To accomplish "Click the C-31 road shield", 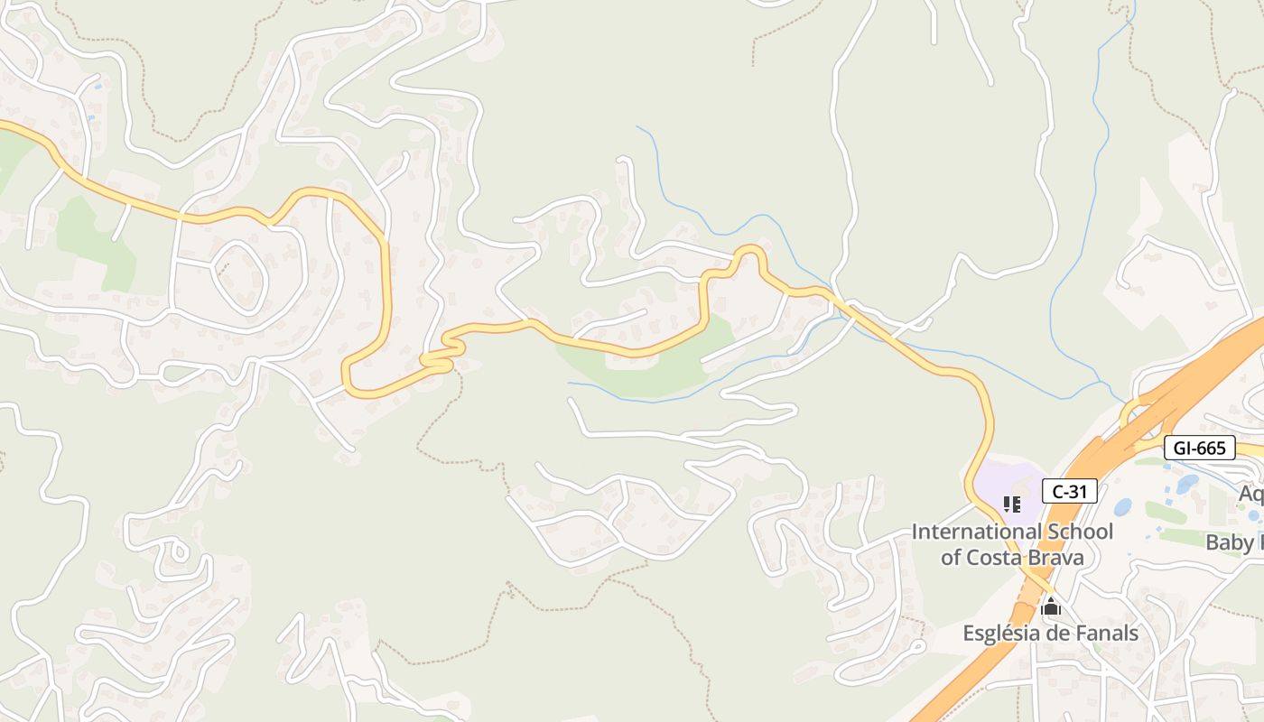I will (1070, 491).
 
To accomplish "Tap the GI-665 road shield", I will (1199, 448).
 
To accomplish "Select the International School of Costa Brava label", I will (1012, 544).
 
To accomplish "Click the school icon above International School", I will (1012, 504).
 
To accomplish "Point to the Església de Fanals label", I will (1050, 633).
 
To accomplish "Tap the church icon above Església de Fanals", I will (1050, 607).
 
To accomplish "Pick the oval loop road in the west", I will (239, 277).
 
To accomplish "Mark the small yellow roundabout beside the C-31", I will (1136, 417).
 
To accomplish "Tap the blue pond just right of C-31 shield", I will (1122, 507).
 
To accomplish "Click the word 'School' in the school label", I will (1081, 532).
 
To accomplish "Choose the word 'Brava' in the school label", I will (1054, 557).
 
